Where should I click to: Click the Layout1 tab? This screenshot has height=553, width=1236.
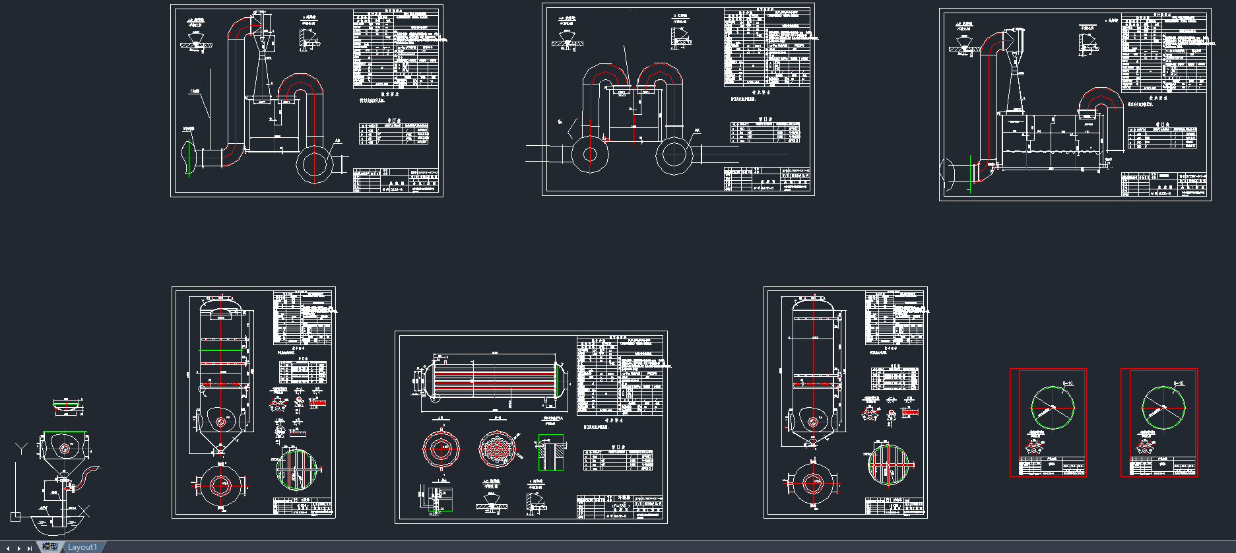pos(82,547)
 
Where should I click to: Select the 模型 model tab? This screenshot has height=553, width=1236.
pos(50,547)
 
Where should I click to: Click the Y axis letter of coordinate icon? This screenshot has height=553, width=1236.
pos(21,449)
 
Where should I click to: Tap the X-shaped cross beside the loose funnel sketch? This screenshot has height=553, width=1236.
pos(84,511)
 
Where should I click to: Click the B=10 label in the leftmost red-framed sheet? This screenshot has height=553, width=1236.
pos(1068,383)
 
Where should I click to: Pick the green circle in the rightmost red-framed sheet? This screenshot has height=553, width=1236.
pos(1163,407)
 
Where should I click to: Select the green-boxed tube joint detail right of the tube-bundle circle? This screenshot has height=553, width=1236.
pos(550,453)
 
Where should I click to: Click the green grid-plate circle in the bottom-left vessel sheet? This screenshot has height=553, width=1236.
pos(296,469)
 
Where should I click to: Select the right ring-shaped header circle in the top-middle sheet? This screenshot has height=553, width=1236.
pos(674,156)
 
